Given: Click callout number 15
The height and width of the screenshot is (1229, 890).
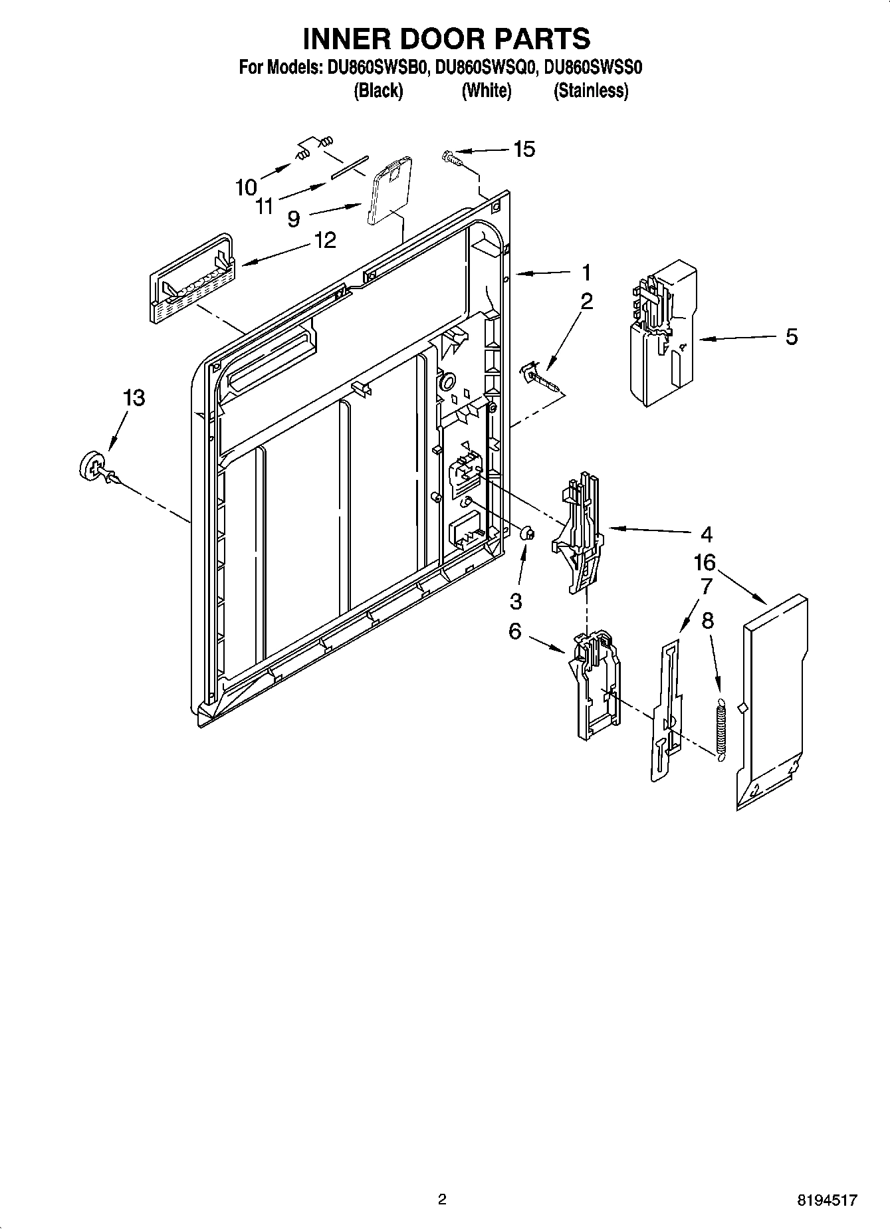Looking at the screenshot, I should [x=524, y=150].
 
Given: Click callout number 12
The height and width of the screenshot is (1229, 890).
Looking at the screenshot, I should [x=325, y=240].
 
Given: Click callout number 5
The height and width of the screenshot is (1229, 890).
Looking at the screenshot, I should [x=791, y=337].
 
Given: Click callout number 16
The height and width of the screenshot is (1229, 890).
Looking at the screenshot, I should [x=705, y=562].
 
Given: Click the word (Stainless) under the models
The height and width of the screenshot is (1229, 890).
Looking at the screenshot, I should [x=591, y=90].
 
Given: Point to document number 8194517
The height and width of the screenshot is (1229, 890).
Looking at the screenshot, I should [x=827, y=1200].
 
